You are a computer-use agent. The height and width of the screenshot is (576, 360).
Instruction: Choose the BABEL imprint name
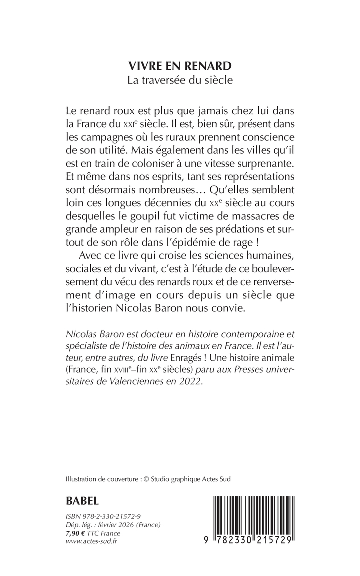click(82, 500)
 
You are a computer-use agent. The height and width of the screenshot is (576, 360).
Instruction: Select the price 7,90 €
click(77, 533)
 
